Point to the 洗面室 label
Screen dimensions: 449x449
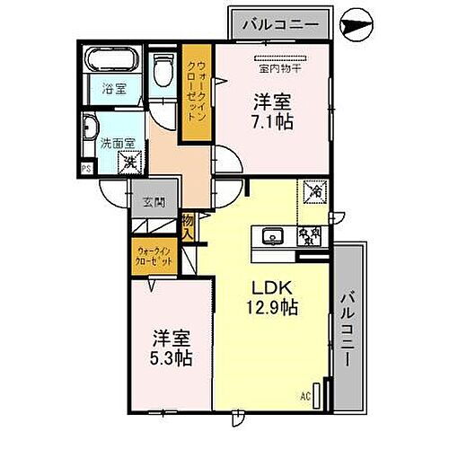coord(117,142)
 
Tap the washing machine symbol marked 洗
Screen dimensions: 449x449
coord(131,163)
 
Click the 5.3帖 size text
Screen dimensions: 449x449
coord(170,357)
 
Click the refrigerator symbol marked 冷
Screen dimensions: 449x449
coord(315,190)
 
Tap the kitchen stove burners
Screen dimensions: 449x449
coord(310,237)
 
